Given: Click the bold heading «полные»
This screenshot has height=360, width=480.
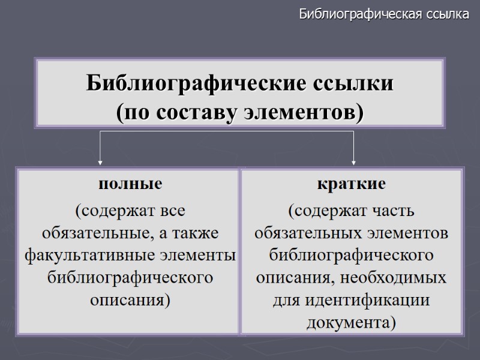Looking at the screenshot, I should tap(130, 184).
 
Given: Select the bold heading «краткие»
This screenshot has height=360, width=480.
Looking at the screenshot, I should tap(352, 184).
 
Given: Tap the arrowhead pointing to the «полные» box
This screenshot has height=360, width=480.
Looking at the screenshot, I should tap(100, 161).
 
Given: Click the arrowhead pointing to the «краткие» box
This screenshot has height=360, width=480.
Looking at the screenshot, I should tap(353, 161).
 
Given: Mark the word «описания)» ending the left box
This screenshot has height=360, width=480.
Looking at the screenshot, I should tap(130, 299).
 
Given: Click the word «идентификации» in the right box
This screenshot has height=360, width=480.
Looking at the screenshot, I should tap(359, 300).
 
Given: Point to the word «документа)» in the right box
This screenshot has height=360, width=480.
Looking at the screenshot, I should tap(352, 322).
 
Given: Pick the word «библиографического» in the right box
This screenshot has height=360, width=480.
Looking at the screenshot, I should tap(352, 256).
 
